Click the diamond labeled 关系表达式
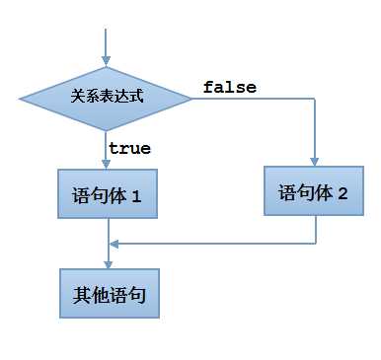pos(107,98)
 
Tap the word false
pos(229,87)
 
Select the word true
pos(129,148)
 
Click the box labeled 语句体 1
pos(108,194)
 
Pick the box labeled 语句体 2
pos(315,191)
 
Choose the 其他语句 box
pos(108,294)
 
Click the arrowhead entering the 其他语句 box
pos(107,263)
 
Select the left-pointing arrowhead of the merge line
pos(114,243)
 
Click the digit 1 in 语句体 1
pos(137,195)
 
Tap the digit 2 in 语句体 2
pos(343,192)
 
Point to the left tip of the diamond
pos(21,98)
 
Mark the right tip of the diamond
pos(192,98)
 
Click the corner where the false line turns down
pos(315,98)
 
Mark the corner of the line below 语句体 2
pos(315,243)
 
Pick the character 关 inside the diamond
pos(78,98)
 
